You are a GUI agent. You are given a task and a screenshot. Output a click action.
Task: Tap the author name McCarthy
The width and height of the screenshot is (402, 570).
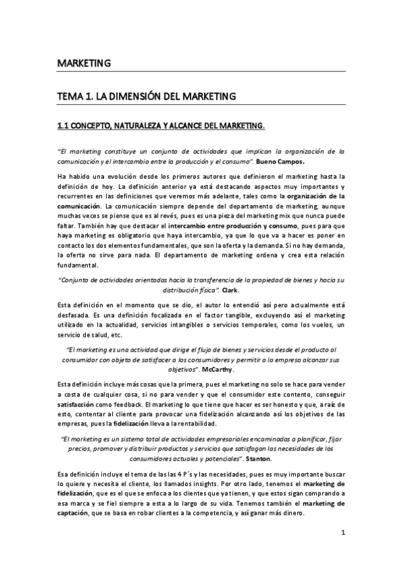click(216, 369)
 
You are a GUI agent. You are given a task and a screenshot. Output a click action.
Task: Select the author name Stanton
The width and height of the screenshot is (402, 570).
click(259, 458)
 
